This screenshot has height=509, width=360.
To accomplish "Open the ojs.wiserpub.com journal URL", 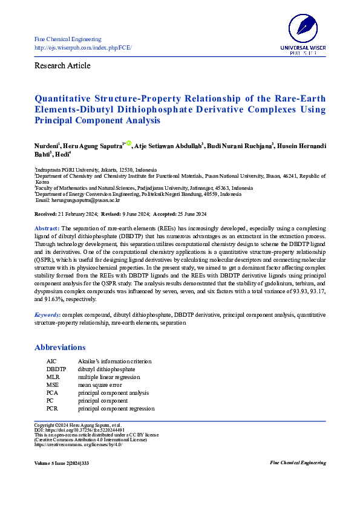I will [x=83, y=47].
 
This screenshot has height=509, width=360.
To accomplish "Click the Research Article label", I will [x=62, y=65].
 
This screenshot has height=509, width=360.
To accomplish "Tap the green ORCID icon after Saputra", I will [x=128, y=144].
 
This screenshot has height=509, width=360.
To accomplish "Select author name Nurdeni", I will [x=46, y=147].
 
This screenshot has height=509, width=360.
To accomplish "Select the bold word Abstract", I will [x=46, y=227].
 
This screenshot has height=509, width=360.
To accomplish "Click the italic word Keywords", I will [x=47, y=315].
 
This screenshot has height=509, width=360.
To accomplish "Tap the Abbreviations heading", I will [x=60, y=348].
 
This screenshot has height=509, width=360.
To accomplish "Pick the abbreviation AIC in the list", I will [x=52, y=361].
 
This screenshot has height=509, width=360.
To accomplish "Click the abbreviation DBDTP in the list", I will [x=56, y=369].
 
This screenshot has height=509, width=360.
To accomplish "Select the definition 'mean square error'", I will [x=100, y=384].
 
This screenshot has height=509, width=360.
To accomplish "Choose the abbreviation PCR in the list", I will [x=53, y=408].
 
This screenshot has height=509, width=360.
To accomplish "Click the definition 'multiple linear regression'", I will [x=109, y=377].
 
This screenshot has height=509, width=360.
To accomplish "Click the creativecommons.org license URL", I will [x=78, y=444].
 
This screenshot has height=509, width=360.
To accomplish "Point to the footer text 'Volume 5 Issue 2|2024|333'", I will [x=63, y=462].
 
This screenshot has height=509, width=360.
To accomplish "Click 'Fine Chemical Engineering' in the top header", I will [x=67, y=39].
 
